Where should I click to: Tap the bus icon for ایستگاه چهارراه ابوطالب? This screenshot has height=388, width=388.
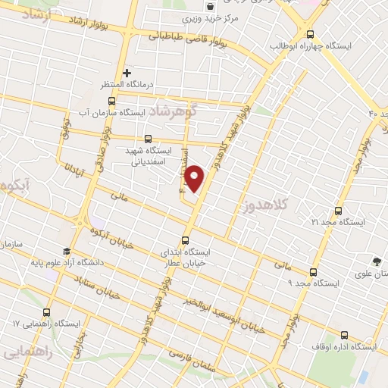[x=309, y=34]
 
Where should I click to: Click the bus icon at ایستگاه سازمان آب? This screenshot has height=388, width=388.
[x=111, y=101]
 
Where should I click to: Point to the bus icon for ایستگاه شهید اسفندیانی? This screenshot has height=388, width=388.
[x=147, y=139]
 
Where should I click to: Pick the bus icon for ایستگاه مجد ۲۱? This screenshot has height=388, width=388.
[x=338, y=211]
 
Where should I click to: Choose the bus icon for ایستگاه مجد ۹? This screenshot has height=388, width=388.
[x=313, y=272]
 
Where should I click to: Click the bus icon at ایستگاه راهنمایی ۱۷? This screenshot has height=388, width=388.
[x=47, y=312]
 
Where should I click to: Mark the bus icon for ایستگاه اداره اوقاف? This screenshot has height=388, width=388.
[x=344, y=335]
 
